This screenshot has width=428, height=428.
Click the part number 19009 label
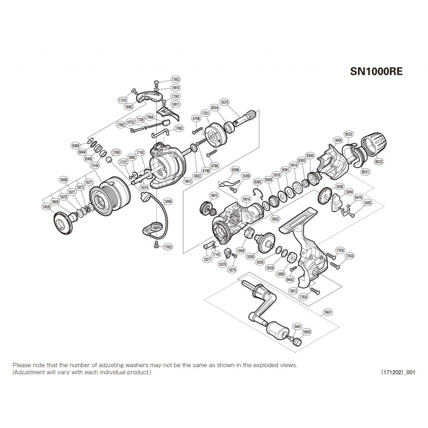64,180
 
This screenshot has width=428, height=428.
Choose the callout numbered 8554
215,108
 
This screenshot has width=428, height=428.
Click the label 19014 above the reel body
246,198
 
